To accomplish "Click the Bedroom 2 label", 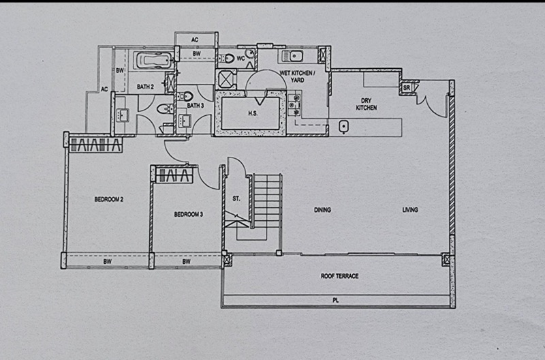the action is click(109, 199).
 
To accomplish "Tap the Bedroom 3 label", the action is click(189, 214).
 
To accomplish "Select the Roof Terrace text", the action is click(339, 276).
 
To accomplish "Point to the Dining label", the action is click(322, 210).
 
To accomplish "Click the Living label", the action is click(410, 210).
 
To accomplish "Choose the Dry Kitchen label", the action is click(366, 104).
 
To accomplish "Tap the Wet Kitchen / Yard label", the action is click(298, 76).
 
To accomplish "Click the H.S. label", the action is click(253, 113).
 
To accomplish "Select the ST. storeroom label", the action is click(236, 199).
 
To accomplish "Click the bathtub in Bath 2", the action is click(154, 60).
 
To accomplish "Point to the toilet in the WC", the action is click(228, 58).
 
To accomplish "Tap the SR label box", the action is click(407, 88).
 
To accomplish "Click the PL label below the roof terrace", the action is click(335, 300).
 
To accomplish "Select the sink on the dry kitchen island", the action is click(344, 127).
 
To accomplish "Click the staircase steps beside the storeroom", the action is click(266, 201).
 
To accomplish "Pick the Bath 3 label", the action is click(196, 106).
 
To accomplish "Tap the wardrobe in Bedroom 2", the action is click(95, 145).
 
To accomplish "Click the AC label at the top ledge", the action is click(195, 40).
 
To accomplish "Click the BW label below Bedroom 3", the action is click(187, 262).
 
